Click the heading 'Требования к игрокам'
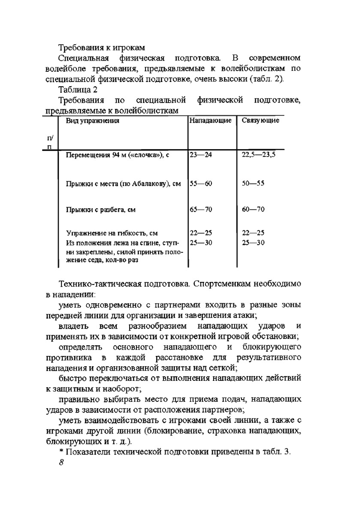click(x=102, y=47)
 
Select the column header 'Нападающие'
click(x=210, y=120)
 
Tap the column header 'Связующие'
click(x=260, y=120)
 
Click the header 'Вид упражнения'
click(x=93, y=121)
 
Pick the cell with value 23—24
click(x=201, y=155)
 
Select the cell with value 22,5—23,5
click(x=258, y=155)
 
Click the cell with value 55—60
click(x=201, y=184)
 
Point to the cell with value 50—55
click(x=253, y=183)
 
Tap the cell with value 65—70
click(x=201, y=209)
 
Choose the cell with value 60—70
click(x=253, y=209)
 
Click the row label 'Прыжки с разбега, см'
click(x=100, y=210)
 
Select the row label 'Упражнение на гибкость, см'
click(x=112, y=233)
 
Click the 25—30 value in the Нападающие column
click(x=201, y=243)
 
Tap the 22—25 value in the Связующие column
click(x=253, y=233)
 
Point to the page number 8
click(x=61, y=463)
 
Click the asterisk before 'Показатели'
click(x=61, y=452)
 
